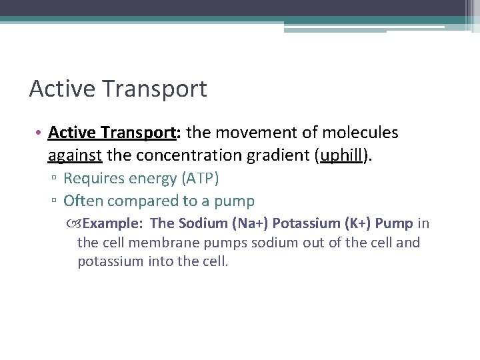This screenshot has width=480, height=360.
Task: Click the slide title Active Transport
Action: [x=118, y=89]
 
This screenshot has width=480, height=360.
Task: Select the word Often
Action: [x=83, y=201]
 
